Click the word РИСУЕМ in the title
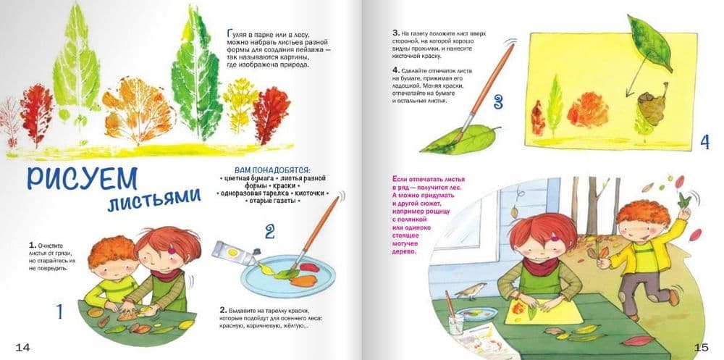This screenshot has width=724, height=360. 82,178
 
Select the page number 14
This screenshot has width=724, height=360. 23,347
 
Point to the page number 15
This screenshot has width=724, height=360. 701,347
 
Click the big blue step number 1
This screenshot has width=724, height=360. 59,311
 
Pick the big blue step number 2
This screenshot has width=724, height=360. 269,231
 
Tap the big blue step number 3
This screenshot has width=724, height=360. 498,101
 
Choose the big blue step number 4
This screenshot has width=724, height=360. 704,143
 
